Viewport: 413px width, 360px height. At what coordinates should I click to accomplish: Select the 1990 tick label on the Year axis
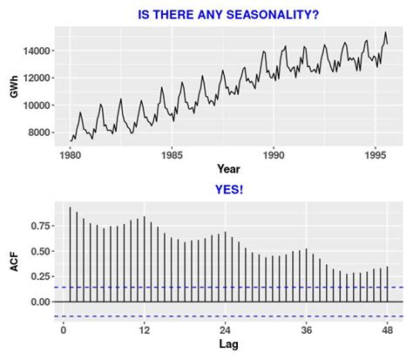click(274, 153)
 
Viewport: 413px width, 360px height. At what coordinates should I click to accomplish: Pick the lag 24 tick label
click(225, 330)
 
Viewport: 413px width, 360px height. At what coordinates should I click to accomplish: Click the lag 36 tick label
click(306, 330)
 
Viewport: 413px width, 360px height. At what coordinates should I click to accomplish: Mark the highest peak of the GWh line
click(385, 32)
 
